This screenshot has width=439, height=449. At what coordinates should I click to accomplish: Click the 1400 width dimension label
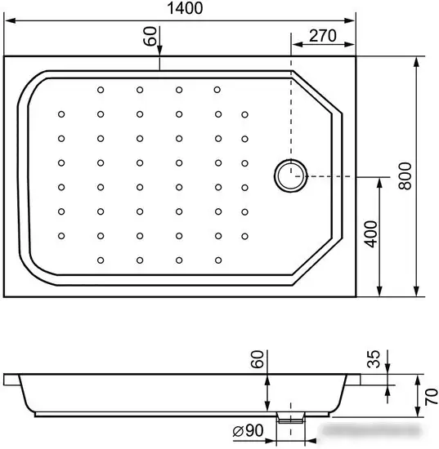click(185, 8)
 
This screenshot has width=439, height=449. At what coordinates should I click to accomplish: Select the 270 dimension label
click(323, 36)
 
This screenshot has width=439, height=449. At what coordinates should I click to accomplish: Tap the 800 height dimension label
click(405, 176)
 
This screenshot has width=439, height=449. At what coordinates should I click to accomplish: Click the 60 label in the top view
click(150, 36)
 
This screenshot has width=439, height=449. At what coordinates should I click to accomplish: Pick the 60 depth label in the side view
click(257, 359)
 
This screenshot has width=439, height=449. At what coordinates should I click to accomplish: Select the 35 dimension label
click(374, 359)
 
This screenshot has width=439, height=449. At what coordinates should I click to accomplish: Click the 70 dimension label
click(432, 397)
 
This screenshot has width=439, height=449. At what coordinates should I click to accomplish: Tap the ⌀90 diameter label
click(248, 430)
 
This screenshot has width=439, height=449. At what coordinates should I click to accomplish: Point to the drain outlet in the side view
click(290, 418)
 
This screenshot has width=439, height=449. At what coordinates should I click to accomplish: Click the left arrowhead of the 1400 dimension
click(10, 20)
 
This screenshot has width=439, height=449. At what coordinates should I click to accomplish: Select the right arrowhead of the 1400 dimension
click(350, 20)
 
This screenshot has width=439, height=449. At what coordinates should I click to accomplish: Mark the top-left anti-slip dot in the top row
click(101, 90)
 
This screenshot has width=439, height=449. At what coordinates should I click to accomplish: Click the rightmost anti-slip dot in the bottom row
click(218, 260)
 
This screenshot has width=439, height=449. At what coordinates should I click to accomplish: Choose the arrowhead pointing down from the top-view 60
click(159, 50)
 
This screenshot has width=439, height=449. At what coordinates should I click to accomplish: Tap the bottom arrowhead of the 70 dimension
click(418, 411)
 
